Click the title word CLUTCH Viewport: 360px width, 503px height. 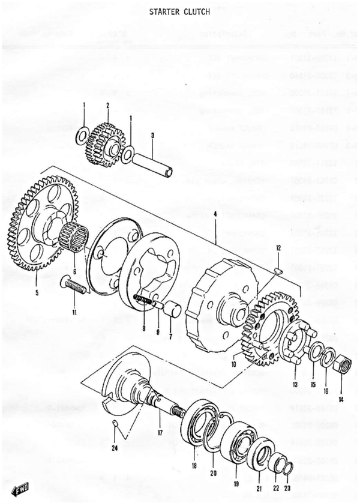click(x=196, y=12)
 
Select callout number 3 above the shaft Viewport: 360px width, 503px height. click(x=153, y=136)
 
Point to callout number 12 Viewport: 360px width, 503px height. click(x=278, y=248)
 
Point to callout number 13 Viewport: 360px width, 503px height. click(x=295, y=384)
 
